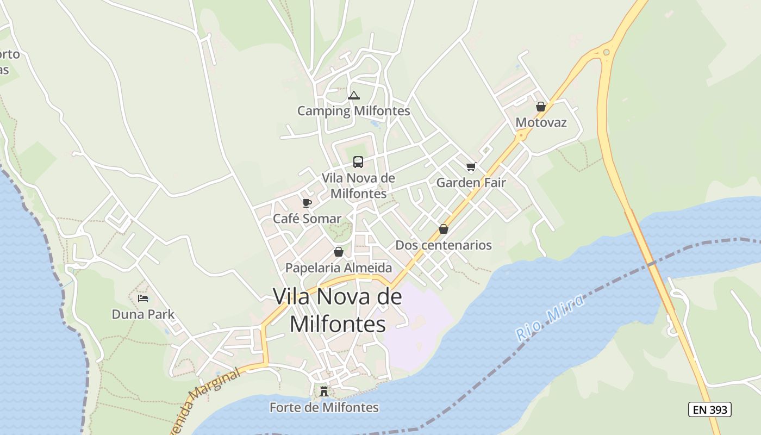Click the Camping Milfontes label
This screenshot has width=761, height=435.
point(353,111)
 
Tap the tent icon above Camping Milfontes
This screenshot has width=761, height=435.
point(354,96)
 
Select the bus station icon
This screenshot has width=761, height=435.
point(358,161)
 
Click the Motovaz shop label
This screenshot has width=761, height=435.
point(541,122)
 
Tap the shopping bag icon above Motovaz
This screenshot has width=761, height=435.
point(540,107)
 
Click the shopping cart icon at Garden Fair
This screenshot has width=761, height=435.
point(471,167)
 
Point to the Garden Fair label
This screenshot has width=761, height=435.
point(471,183)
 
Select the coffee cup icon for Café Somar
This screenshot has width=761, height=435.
point(307,203)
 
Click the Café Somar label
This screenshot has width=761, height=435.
point(307,219)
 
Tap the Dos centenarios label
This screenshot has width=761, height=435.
point(444,245)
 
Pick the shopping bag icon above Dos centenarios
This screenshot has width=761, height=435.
point(444,229)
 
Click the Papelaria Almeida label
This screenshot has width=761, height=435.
point(339,268)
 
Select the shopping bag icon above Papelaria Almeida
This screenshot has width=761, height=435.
point(339,252)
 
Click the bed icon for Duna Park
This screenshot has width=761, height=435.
point(143,298)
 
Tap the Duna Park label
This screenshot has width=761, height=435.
point(143,314)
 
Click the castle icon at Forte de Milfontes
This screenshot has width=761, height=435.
point(324,391)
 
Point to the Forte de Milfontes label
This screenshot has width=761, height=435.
point(324,407)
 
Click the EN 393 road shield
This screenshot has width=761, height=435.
point(710,409)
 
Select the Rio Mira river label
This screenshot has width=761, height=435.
point(550,318)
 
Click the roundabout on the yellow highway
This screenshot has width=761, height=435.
point(606,52)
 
